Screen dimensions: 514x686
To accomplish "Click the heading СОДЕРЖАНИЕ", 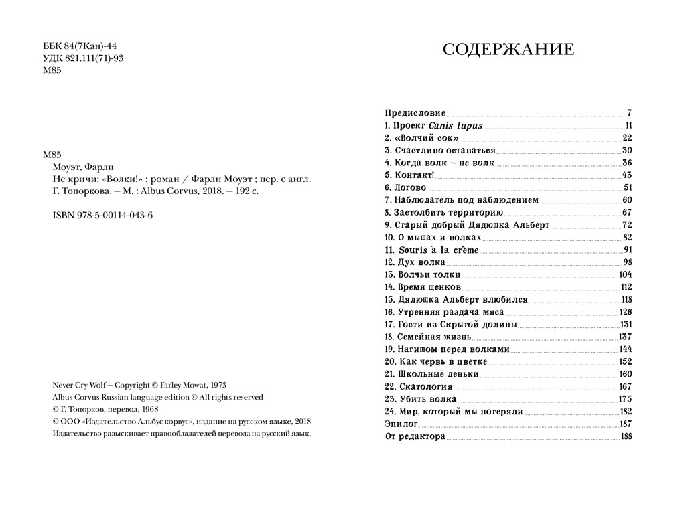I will tap(508, 50).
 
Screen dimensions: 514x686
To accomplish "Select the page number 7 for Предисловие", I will tap(630, 113).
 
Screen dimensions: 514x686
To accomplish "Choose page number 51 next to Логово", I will tap(628, 187).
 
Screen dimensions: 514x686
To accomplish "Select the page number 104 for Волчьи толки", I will tap(626, 274).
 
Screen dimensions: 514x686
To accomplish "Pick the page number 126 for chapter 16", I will tap(626, 312).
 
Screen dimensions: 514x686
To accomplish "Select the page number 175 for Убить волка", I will tap(626, 399).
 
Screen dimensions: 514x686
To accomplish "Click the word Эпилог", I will tap(401, 424).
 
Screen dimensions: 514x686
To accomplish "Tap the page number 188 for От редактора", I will tap(626, 436).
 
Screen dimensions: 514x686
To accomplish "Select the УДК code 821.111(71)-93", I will tap(94, 58).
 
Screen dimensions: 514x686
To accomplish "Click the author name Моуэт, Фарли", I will tap(83, 167).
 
